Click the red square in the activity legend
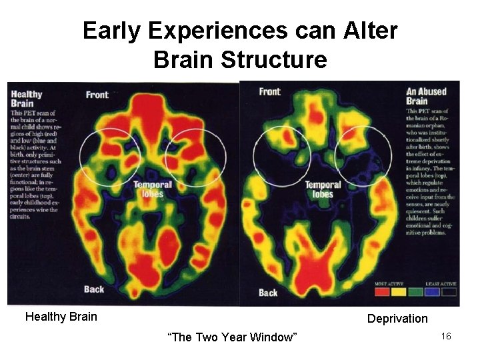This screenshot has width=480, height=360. (x=383, y=291)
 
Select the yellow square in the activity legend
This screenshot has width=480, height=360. (x=399, y=291)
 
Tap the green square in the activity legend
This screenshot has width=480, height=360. (x=416, y=291)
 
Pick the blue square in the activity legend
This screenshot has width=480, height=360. (x=432, y=291)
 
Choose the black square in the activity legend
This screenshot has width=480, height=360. (x=448, y=291)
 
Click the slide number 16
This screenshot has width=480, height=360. (x=446, y=337)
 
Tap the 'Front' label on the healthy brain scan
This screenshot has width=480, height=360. (x=97, y=95)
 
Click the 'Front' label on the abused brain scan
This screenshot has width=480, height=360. (x=269, y=91)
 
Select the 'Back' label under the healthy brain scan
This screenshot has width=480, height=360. (x=94, y=289)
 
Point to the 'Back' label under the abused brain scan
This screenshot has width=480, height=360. (x=268, y=293)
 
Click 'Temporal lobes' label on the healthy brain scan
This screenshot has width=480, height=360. (x=153, y=189)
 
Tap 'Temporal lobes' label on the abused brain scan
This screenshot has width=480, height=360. (x=323, y=189)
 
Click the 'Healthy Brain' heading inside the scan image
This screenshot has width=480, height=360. (x=27, y=99)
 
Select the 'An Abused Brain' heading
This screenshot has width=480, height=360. (x=427, y=96)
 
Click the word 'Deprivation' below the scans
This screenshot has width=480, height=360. (x=397, y=319)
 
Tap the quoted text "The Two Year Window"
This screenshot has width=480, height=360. (x=233, y=337)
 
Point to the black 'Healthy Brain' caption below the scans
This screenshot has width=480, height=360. (x=61, y=317)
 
